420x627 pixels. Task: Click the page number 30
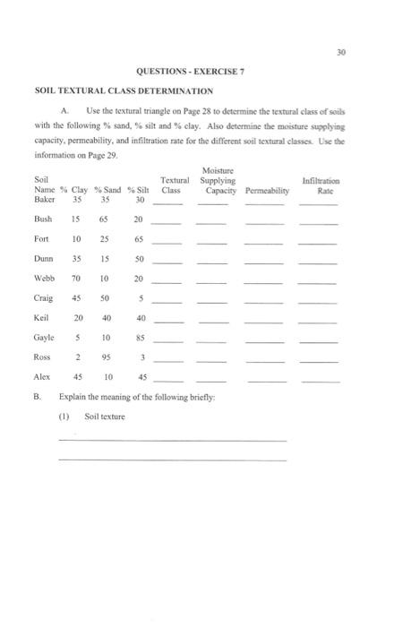pyautogui.click(x=391, y=50)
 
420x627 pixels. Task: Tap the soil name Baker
pyautogui.click(x=45, y=199)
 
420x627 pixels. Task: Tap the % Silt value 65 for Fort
pyautogui.click(x=139, y=240)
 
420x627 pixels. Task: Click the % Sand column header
pyautogui.click(x=107, y=190)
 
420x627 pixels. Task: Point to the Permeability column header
pyautogui.click(x=263, y=190)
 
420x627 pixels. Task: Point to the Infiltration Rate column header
pyautogui.click(x=320, y=185)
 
